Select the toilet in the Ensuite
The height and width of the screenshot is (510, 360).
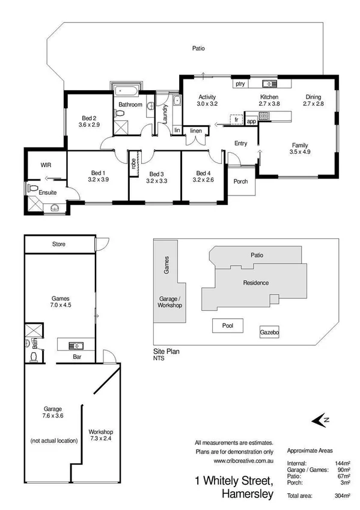tap(34, 188)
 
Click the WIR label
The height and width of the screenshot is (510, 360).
tap(46, 164)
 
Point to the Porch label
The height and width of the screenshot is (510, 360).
tap(240, 182)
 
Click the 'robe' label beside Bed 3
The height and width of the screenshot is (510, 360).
tap(133, 164)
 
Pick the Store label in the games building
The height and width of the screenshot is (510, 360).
tap(58, 245)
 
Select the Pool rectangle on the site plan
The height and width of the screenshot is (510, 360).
tap(230, 326)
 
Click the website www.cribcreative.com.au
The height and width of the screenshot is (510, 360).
tap(243, 461)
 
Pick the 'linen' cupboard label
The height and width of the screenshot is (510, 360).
tap(196, 131)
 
